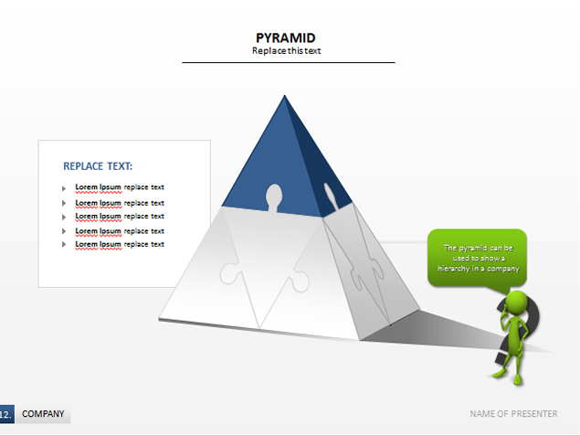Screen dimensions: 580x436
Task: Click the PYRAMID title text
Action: pos(286,37)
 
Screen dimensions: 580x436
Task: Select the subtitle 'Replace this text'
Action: pos(286,50)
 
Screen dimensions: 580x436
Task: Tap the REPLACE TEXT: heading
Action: pos(98,166)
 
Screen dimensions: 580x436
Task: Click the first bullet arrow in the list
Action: pos(64,189)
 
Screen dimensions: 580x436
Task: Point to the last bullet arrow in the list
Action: pos(64,244)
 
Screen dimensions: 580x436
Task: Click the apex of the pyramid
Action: pos(284,95)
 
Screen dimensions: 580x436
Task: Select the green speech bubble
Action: pos(477,259)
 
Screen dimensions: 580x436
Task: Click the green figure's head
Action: pos(516,303)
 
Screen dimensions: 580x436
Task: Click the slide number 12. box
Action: pos(6,414)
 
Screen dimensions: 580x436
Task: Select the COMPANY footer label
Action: pos(43,414)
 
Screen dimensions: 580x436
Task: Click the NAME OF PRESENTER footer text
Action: pos(513,414)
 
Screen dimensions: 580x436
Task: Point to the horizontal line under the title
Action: pos(289,62)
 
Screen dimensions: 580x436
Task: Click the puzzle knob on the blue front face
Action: pos(274,197)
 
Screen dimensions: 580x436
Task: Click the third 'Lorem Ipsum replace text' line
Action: pos(120,216)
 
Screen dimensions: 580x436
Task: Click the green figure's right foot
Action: pos(517,379)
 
